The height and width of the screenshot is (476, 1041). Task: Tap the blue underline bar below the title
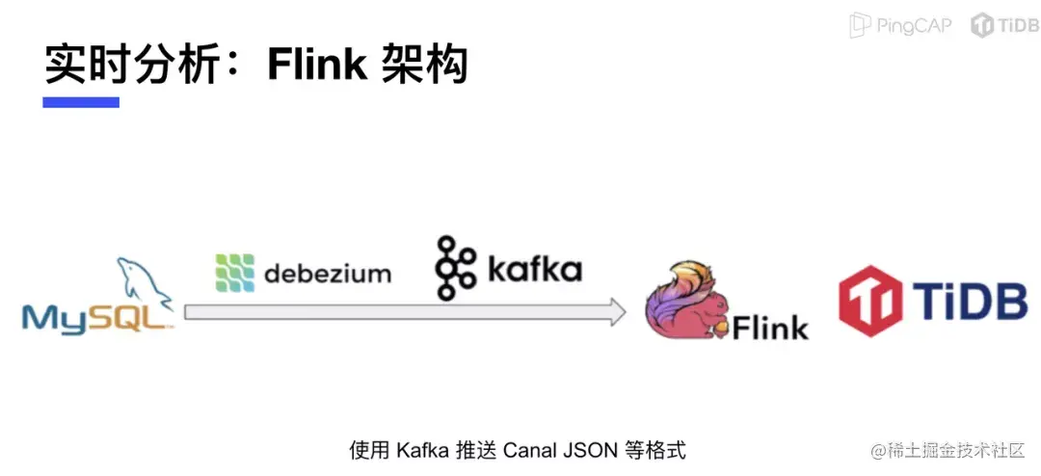81,102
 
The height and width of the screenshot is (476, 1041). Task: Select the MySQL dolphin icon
144,282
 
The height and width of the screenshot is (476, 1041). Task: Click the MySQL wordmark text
93,319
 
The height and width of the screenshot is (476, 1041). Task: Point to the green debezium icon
235,272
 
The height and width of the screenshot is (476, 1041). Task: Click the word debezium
328,274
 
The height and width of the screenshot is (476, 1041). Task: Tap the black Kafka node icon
455,267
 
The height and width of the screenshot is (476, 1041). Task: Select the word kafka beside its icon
534,268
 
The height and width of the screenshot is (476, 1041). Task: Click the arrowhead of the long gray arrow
618,312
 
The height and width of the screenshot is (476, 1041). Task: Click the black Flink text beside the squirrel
771,327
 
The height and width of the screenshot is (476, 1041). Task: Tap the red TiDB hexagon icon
870,300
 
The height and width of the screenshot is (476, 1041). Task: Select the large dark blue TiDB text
970,300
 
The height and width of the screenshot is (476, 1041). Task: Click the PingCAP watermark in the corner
901,25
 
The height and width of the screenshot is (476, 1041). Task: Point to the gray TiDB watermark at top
1005,25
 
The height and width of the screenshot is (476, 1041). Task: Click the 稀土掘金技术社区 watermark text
957,451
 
